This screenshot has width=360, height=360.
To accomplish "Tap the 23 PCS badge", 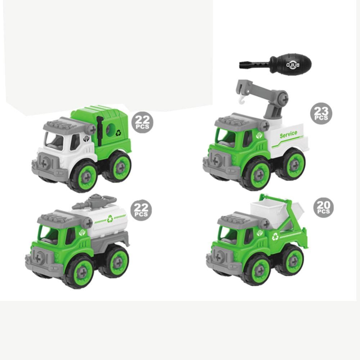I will click(320, 113).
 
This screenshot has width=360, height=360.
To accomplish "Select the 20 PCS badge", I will click(323, 208).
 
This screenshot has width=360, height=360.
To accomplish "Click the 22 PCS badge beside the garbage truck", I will click(143, 122).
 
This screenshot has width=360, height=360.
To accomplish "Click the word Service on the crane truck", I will click(288, 134).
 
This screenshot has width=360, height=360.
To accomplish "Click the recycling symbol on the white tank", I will click(110, 218).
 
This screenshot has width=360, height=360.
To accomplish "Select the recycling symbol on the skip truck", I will click(275, 237).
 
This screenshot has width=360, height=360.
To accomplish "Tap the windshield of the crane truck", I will click(226, 139).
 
